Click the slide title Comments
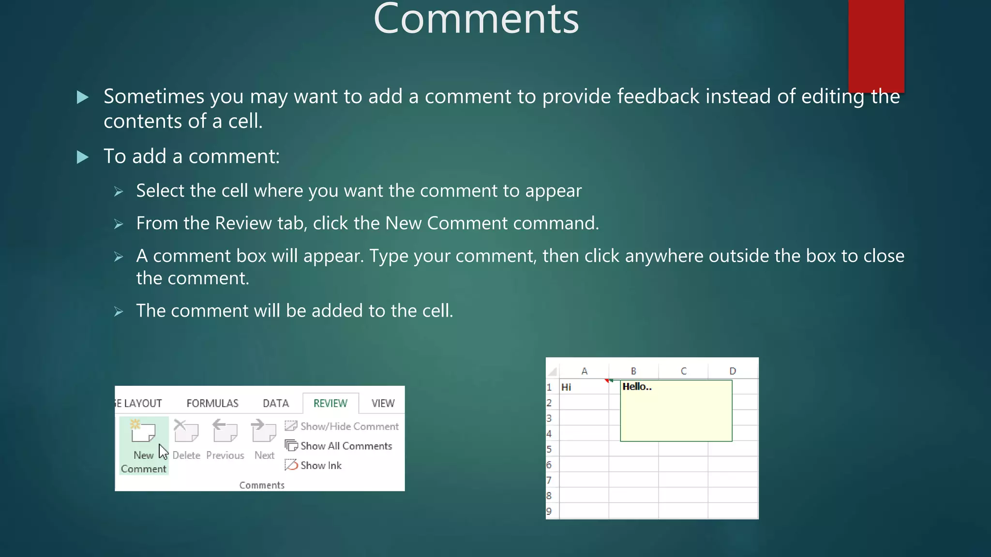476,19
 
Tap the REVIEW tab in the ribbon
330,403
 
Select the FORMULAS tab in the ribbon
212,403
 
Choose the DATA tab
276,403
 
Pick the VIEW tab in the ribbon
383,403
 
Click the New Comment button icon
143,431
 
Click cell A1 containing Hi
583,387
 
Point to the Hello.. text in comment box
637,387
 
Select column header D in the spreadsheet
733,371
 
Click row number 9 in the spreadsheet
549,511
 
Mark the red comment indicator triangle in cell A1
607,381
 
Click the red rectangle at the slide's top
876,44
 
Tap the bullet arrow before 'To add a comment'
83,157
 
